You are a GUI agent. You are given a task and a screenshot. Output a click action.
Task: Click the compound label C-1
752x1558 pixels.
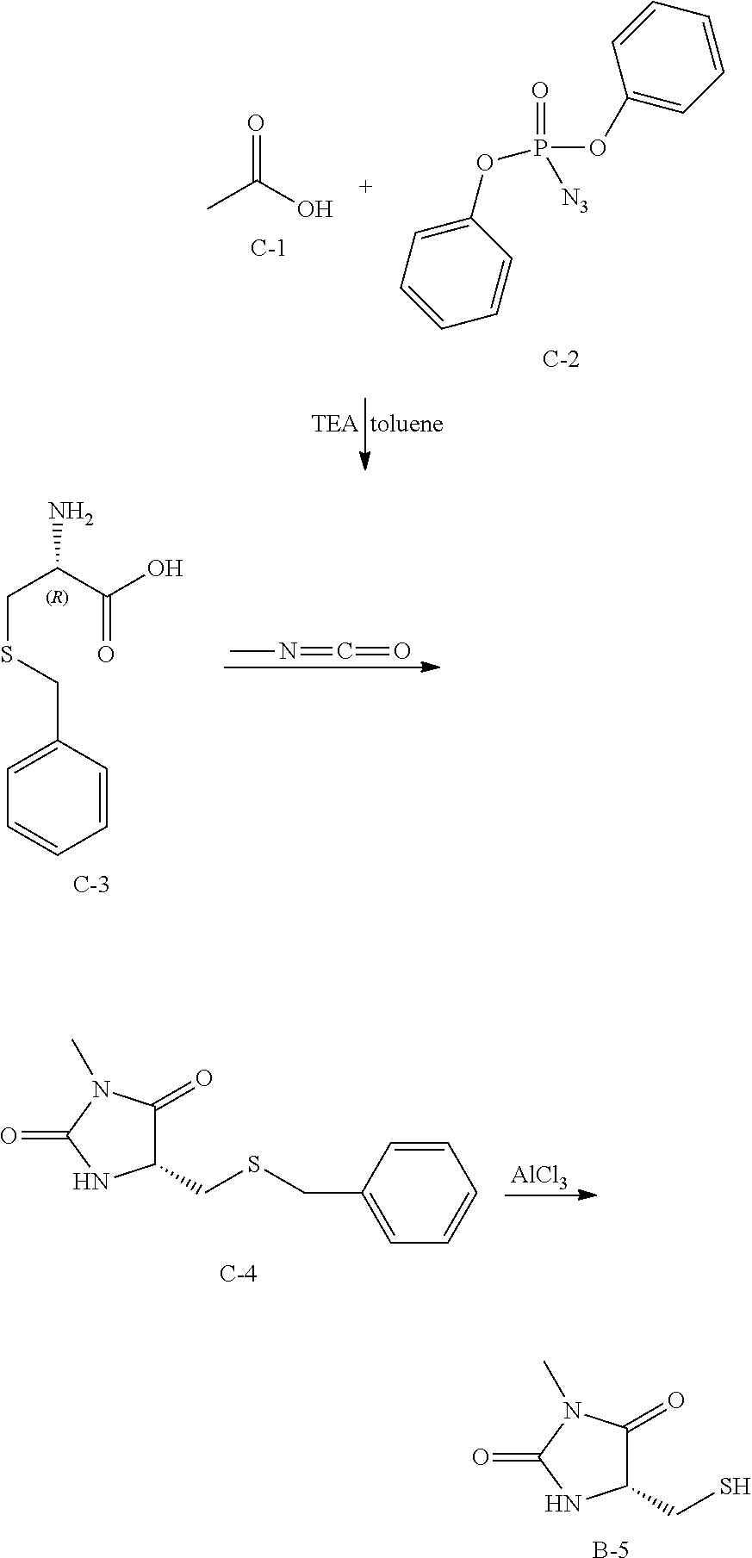click(268, 250)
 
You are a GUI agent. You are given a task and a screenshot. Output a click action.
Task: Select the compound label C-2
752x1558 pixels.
click(561, 359)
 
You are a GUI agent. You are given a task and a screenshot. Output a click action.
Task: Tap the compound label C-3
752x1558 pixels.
click(90, 885)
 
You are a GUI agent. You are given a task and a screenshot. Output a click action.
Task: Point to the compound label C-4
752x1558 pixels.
click(238, 1273)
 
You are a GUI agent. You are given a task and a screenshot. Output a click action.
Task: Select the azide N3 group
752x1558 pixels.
click(575, 201)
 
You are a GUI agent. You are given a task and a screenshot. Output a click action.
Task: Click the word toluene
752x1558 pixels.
click(407, 424)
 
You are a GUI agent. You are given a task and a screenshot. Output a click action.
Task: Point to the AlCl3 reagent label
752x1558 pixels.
click(540, 1176)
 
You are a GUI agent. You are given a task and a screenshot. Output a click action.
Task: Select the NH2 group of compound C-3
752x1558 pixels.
click(71, 514)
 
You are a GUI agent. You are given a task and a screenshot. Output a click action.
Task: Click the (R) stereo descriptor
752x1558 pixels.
click(57, 599)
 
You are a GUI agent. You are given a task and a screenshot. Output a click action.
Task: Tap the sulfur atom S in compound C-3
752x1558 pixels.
click(9, 657)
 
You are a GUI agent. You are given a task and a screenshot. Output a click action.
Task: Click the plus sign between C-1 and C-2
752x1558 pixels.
click(366, 186)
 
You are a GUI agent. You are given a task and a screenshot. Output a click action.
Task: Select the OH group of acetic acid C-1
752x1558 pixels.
click(314, 209)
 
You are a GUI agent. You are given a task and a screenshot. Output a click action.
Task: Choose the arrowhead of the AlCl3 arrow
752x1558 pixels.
click(587, 1195)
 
